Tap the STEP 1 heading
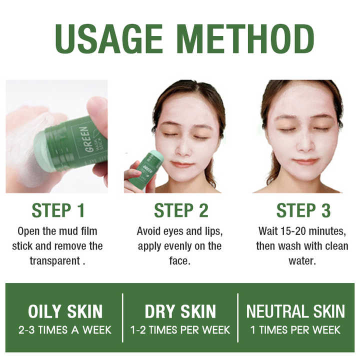coord(58,210)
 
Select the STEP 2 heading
coord(181,210)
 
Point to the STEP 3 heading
coord(303,210)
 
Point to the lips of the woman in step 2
coord(182,164)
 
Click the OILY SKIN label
coord(65,311)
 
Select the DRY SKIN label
coord(180,311)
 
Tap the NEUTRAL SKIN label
coord(295,311)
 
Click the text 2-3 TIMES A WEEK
coord(65,330)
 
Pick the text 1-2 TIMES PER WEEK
coord(180,330)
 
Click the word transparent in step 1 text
coord(55,261)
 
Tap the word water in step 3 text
coord(302,261)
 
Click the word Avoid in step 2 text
coord(149,231)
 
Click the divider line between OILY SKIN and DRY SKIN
coord(122,318)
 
